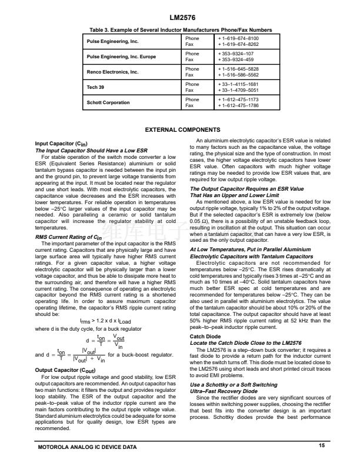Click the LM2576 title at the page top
180,18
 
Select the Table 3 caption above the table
180,30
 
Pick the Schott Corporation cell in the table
108,103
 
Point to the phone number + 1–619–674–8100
238,38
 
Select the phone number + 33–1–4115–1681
239,84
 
